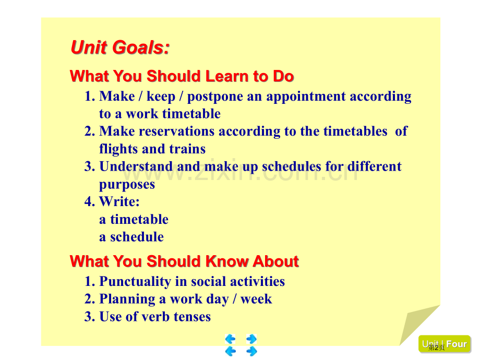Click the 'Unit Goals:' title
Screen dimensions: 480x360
point(120,47)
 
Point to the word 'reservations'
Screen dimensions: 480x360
point(177,131)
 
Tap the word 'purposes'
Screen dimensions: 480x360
point(127,185)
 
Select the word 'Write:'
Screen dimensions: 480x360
point(119,201)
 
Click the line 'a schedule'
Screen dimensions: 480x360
point(131,237)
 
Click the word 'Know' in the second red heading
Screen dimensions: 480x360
point(226,261)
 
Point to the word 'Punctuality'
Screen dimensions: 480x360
point(135,282)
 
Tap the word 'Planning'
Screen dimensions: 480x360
point(127,299)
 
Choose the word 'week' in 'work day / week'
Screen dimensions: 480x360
point(256,299)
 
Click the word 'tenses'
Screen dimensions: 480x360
point(192,317)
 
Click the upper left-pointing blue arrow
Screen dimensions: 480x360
point(230,339)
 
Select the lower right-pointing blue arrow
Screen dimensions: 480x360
point(251,351)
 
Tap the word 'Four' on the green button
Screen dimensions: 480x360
point(457,344)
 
